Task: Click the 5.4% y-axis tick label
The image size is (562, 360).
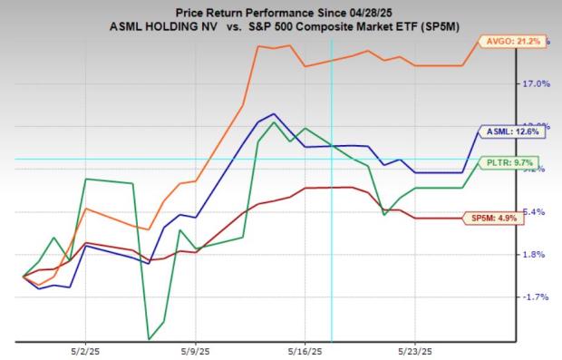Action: (x=535, y=211)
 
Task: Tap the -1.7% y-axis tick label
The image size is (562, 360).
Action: (x=535, y=297)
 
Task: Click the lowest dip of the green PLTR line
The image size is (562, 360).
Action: (x=148, y=339)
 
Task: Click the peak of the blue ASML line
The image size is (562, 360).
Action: (x=274, y=114)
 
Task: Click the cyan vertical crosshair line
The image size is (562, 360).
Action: (x=333, y=227)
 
